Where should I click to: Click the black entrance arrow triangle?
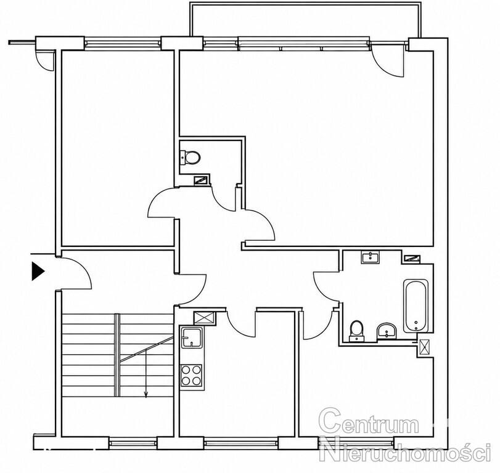click(x=38, y=271)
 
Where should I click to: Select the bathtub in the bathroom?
click(x=416, y=306)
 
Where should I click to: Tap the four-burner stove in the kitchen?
click(x=191, y=375)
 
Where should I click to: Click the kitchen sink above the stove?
click(x=191, y=338)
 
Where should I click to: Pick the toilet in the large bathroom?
click(x=356, y=331)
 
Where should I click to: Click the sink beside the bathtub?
click(x=386, y=331)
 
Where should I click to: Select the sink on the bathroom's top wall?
click(x=370, y=257)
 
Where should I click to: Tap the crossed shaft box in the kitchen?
click(x=205, y=318)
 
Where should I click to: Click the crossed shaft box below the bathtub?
click(x=425, y=347)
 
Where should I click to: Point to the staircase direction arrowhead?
click(x=146, y=395)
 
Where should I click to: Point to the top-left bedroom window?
click(x=123, y=43)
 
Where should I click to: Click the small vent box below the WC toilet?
click(x=202, y=180)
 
